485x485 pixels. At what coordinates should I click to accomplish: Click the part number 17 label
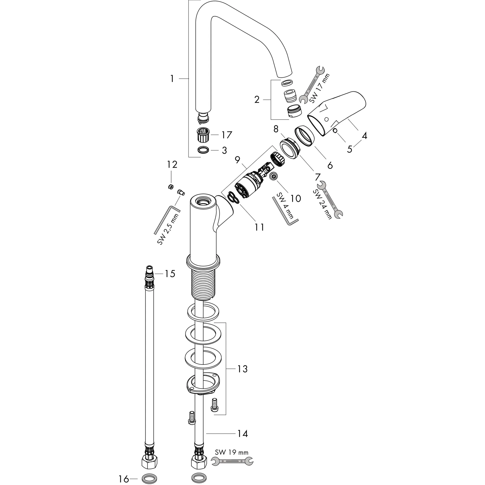[226, 135]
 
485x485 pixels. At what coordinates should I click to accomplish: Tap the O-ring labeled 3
[203, 150]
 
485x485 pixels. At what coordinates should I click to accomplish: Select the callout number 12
[172, 164]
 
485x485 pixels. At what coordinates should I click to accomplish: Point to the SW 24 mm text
[322, 204]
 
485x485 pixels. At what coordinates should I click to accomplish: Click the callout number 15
[170, 274]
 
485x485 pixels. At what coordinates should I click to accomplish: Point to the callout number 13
[242, 369]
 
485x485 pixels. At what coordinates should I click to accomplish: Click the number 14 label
[242, 434]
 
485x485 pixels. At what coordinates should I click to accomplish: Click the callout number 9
[238, 159]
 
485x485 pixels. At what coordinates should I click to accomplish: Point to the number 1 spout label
[172, 79]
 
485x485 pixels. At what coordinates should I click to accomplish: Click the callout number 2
[256, 100]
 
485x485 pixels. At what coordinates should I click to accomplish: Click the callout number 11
[259, 227]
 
